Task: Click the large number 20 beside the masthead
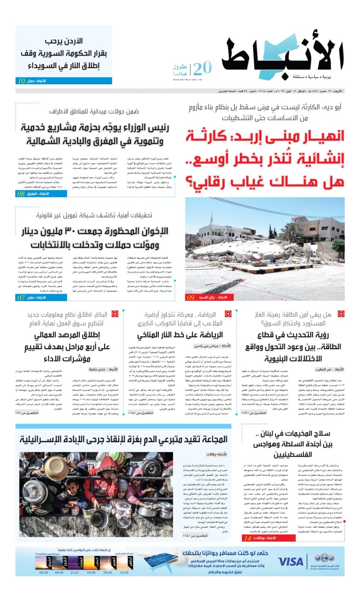pos(203,68)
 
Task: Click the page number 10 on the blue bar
pos(21,81)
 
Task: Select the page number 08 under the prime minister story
pos(21,194)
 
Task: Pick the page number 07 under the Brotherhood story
pos(21,297)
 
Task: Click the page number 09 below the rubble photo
pos(191,297)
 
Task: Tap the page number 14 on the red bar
pos(247,538)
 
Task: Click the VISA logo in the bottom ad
pos(291,562)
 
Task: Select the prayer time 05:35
pos(44,572)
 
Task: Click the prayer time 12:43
pos(124,572)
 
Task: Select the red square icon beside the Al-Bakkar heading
pos(115,314)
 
